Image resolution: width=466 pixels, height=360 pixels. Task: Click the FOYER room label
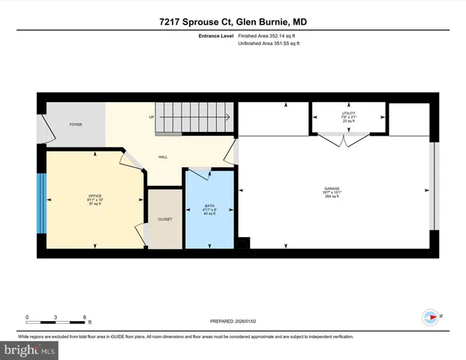pyautogui.click(x=76, y=124)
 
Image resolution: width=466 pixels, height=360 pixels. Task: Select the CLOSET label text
pyautogui.click(x=165, y=219)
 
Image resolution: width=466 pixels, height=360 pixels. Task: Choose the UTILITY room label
pyautogui.click(x=349, y=112)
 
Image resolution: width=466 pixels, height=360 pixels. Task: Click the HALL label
pyautogui.click(x=162, y=157)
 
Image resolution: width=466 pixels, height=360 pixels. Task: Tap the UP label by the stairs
pyautogui.click(x=151, y=118)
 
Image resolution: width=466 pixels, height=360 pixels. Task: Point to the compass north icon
pyautogui.click(x=431, y=316)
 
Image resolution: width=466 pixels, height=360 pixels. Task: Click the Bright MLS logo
pyautogui.click(x=30, y=349)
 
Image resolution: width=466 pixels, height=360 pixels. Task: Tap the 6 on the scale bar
pyautogui.click(x=85, y=316)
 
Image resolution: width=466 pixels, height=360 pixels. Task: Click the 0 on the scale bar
pyautogui.click(x=26, y=316)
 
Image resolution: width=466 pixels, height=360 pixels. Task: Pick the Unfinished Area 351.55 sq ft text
pyautogui.click(x=269, y=44)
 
